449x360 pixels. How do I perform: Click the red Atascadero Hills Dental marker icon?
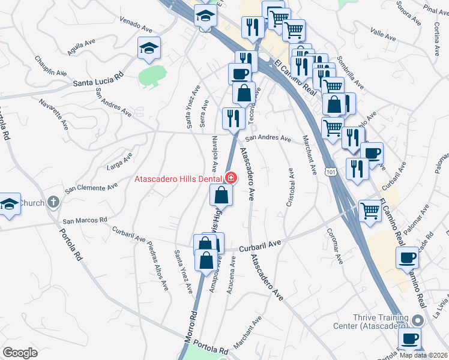pyautogui.click(x=230, y=178)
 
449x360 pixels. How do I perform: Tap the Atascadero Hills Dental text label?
pyautogui.click(x=178, y=179)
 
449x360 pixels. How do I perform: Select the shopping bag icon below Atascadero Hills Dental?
pyautogui.click(x=221, y=195)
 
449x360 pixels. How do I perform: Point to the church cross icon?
pyautogui.click(x=53, y=202)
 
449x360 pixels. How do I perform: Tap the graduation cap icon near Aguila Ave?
pyautogui.click(x=149, y=49)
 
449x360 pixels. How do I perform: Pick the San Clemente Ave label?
pyautogui.click(x=91, y=187)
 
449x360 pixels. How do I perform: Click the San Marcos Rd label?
pyautogui.click(x=85, y=220)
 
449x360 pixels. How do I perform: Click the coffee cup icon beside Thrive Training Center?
pyautogui.click(x=410, y=338)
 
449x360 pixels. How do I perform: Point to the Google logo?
pyautogui.click(x=20, y=352)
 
